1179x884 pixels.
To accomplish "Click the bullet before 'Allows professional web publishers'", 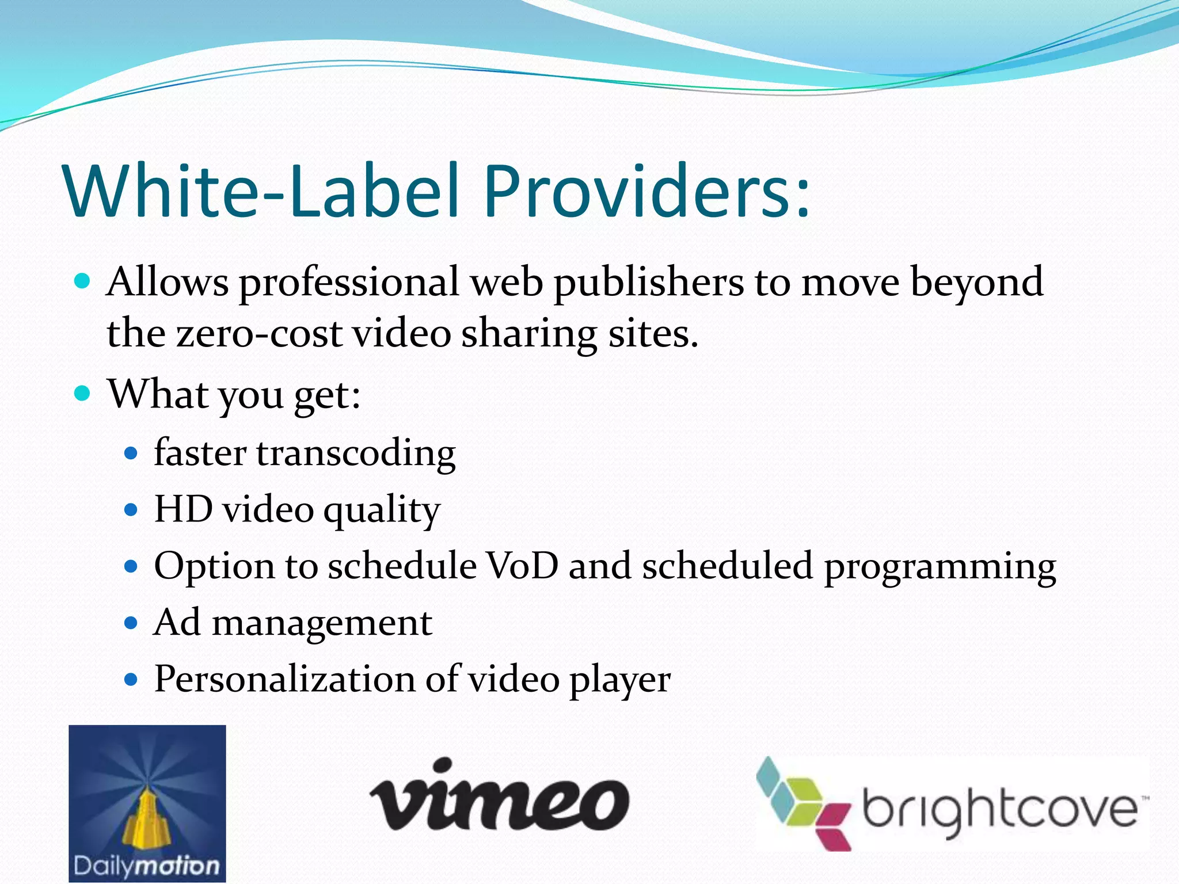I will tap(83, 281).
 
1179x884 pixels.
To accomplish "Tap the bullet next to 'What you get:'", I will tap(83, 394).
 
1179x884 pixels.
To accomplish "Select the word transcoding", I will tap(356, 454).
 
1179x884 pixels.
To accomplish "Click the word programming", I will tap(940, 567).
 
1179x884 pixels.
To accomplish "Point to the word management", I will tap(322, 623).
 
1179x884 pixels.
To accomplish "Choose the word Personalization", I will tap(284, 679).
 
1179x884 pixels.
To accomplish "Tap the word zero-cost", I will tap(259, 334).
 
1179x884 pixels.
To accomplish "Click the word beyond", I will tap(976, 283).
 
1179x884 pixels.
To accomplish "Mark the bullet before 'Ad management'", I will tap(132, 623).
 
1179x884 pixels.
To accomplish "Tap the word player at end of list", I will tap(619, 681).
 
